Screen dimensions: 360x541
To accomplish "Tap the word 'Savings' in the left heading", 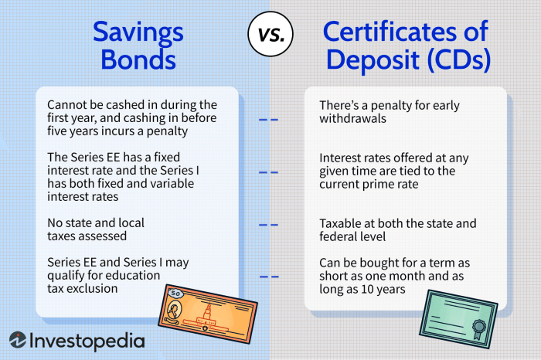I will tap(138, 32).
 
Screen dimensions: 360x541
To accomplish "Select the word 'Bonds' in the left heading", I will tap(138, 61).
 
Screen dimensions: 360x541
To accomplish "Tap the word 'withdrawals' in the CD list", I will tap(352, 119).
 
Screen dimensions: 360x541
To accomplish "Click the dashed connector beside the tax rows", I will tap(268, 226).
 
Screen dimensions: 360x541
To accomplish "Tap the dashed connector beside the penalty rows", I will tap(268, 120).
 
